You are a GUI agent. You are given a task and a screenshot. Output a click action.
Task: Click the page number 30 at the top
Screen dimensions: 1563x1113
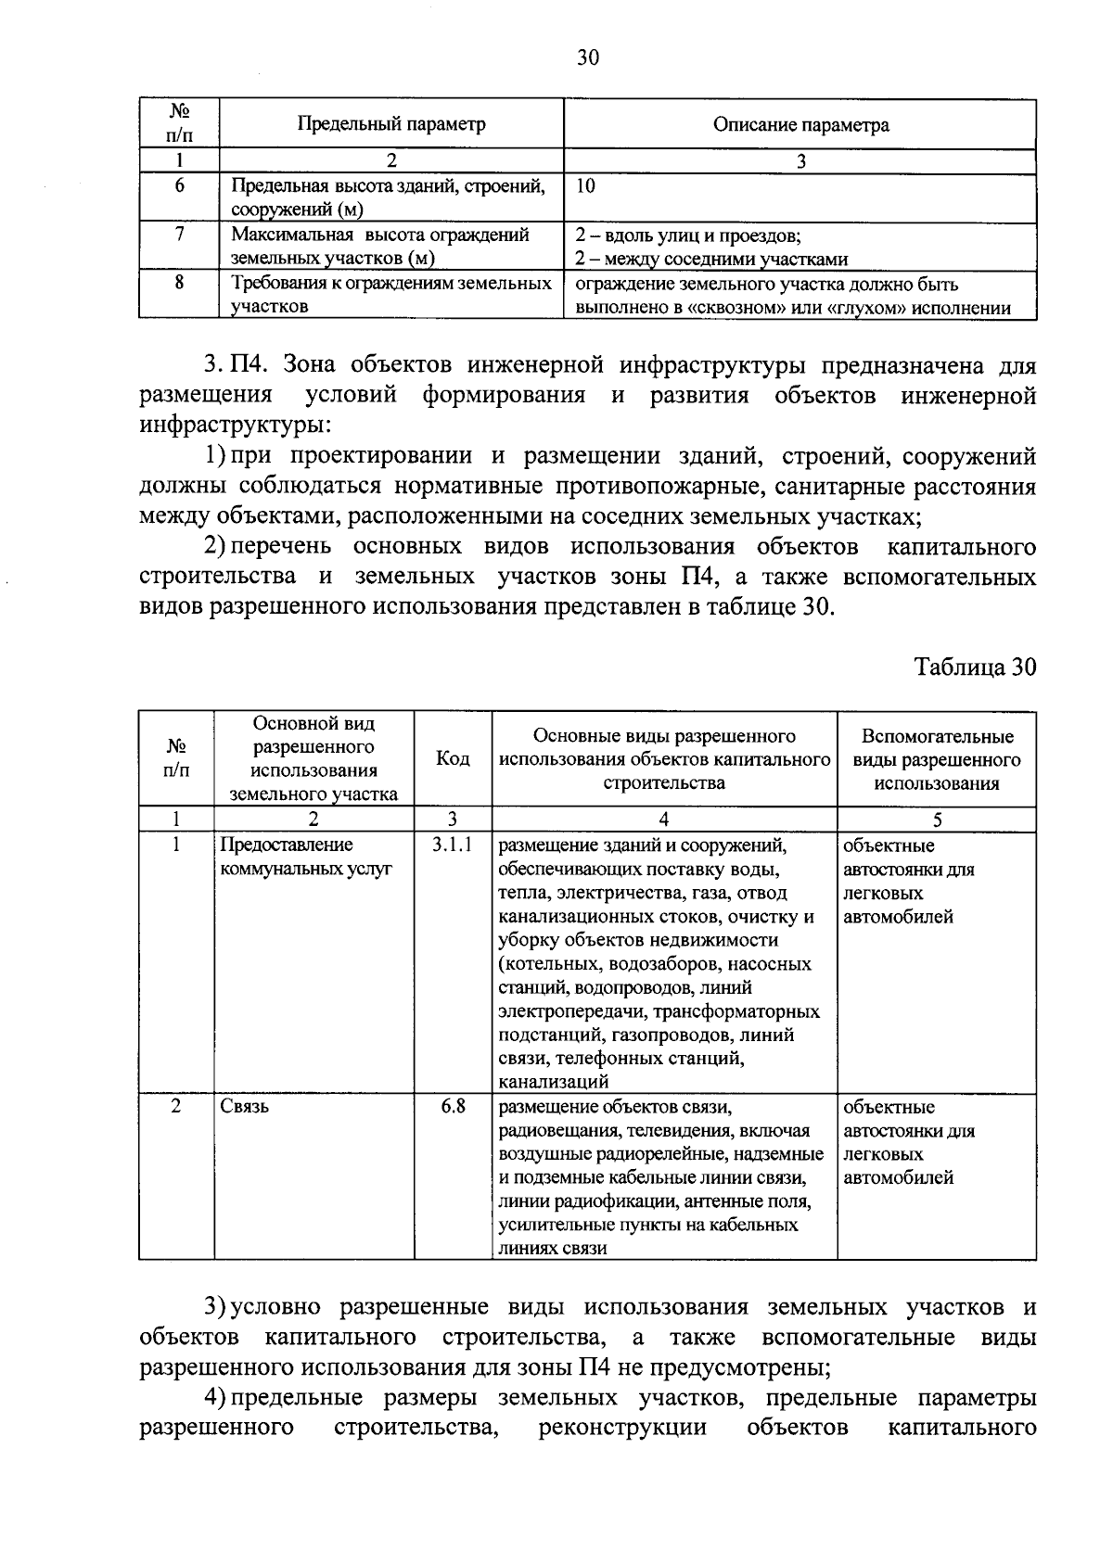pos(588,58)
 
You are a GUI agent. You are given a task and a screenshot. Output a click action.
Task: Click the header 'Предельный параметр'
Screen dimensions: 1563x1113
pos(390,124)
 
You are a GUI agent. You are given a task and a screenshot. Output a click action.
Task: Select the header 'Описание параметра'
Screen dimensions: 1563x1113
pos(800,124)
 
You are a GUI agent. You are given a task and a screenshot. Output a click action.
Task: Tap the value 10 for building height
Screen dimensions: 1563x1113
pos(585,185)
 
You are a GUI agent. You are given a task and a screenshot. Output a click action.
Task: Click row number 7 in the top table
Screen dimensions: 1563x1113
pos(179,234)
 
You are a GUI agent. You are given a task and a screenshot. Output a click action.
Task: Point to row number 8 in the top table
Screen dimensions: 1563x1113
pos(179,283)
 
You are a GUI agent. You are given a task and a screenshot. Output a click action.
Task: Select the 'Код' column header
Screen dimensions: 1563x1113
pos(453,759)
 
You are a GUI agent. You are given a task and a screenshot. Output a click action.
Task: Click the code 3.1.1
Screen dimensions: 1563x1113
pos(453,845)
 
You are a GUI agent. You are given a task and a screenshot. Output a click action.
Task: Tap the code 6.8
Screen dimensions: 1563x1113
pos(453,1106)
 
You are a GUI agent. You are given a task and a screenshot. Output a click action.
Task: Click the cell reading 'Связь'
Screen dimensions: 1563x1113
pos(245,1107)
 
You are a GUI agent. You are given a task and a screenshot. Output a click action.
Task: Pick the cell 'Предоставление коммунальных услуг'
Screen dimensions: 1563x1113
pos(306,858)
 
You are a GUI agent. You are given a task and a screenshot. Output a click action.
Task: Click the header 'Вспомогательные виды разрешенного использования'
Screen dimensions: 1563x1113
pos(937,759)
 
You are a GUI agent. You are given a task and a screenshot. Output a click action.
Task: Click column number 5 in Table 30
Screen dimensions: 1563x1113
pos(937,820)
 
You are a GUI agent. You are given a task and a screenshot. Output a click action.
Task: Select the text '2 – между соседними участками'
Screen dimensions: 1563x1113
pos(711,260)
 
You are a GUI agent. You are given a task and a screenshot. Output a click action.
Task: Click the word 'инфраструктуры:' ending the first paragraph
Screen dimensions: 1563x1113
pos(235,426)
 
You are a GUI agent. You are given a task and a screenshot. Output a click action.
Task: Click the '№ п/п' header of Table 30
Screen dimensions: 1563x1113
pos(176,759)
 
